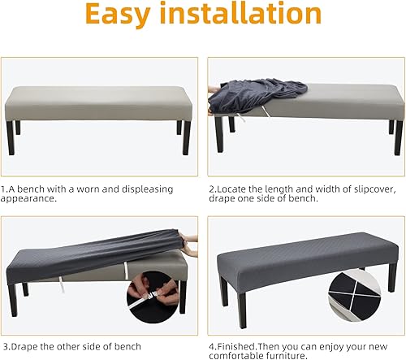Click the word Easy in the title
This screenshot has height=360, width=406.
[118, 15]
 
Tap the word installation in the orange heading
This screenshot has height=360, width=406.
[240, 13]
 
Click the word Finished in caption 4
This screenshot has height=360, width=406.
[236, 346]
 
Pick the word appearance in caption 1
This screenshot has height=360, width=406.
[28, 199]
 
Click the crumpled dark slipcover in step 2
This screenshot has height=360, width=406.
[257, 95]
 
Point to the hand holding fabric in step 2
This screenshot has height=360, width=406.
[214, 89]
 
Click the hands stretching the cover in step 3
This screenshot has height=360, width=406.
[191, 245]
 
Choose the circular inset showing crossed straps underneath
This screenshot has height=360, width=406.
[354, 295]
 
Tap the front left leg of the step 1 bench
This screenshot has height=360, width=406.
[11, 138]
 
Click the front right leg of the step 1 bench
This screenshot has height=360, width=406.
[186, 138]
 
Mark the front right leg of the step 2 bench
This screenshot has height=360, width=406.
[398, 137]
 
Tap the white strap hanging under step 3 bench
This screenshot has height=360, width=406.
[61, 284]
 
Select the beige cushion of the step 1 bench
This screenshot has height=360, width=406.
[98, 103]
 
